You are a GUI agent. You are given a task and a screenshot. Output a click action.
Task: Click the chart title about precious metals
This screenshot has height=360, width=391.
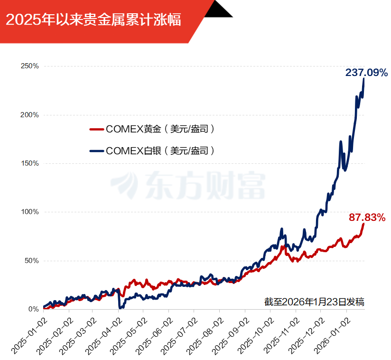point(93,20)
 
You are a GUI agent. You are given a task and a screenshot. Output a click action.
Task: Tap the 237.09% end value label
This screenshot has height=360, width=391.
point(366,73)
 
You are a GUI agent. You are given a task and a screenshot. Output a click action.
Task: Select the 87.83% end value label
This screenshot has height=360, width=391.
point(366,217)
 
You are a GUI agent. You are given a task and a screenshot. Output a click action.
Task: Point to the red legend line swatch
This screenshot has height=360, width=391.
point(96,129)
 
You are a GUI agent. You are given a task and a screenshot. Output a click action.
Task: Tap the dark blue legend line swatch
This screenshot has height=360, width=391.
point(96,152)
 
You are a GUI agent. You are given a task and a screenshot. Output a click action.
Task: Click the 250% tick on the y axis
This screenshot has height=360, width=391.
point(29,66)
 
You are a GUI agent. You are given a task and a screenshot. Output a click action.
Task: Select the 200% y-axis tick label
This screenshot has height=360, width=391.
point(29,115)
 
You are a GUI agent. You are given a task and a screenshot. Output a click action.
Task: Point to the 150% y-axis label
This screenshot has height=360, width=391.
point(29,163)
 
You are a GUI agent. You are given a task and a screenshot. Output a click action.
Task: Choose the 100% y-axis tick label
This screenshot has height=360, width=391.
point(29,212)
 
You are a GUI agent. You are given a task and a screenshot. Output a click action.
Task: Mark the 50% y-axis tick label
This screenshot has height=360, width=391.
point(31,261)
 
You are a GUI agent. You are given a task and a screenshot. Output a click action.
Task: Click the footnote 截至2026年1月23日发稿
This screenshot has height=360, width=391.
point(314,302)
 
